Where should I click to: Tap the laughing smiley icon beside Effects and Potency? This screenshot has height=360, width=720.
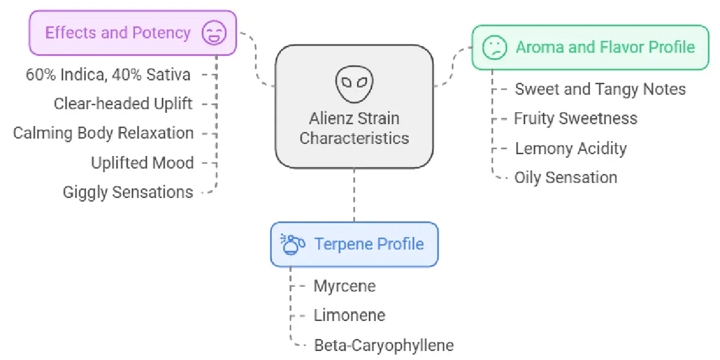pyautogui.click(x=213, y=32)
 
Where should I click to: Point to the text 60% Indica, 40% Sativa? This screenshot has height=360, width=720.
pyautogui.click(x=108, y=74)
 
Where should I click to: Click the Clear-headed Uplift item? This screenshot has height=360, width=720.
pyautogui.click(x=123, y=104)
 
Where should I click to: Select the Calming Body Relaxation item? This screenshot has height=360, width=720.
pyautogui.click(x=103, y=133)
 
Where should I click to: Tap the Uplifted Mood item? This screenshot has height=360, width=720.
pyautogui.click(x=142, y=163)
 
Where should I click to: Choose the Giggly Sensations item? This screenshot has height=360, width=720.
pyautogui.click(x=128, y=192)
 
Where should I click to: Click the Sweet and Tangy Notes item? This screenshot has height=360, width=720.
pyautogui.click(x=600, y=89)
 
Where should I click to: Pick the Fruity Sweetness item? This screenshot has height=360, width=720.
pyautogui.click(x=575, y=118)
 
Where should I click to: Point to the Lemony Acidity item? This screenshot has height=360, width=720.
pyautogui.click(x=571, y=148)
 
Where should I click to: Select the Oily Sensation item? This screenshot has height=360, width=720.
pyautogui.click(x=566, y=178)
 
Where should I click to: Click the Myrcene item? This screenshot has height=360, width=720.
pyautogui.click(x=344, y=286)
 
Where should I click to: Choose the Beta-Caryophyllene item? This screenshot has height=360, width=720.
pyautogui.click(x=384, y=345)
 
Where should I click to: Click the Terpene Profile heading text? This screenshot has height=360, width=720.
pyautogui.click(x=369, y=244)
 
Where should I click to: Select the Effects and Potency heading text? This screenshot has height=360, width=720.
pyautogui.click(x=118, y=32)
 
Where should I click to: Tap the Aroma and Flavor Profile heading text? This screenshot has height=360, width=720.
pyautogui.click(x=605, y=47)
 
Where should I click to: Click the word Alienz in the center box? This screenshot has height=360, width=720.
pyautogui.click(x=331, y=118)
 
